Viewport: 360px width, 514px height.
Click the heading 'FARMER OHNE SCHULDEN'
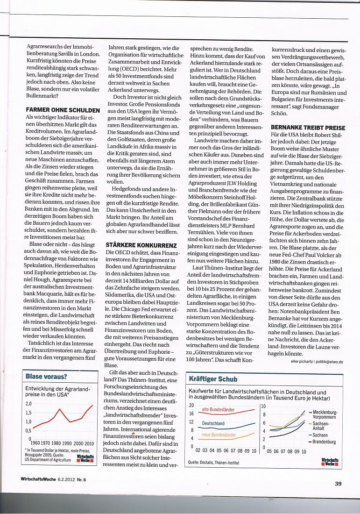(63, 111)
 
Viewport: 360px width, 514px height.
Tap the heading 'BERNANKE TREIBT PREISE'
(308, 128)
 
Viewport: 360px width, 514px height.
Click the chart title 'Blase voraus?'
(46, 376)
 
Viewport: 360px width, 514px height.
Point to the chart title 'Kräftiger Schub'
(212, 379)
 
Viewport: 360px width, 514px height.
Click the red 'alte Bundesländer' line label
(218, 410)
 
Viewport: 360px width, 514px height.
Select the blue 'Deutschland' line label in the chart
(213, 423)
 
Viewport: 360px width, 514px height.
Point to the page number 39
(339, 483)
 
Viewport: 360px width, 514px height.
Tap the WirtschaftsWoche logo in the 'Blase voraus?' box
(85, 458)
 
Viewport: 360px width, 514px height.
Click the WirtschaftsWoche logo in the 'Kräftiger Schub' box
(330, 461)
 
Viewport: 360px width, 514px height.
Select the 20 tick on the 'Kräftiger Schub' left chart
(191, 406)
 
